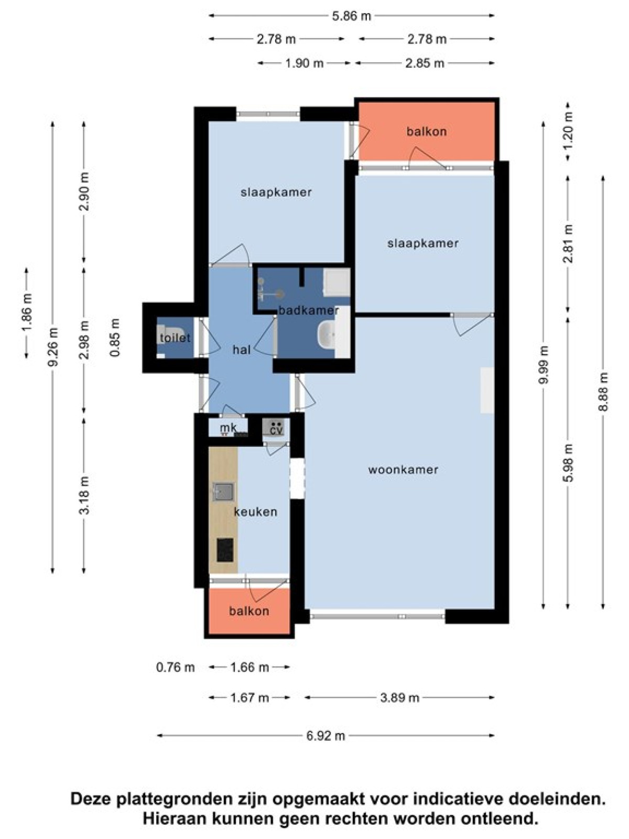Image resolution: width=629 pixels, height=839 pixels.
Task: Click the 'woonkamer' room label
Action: pos(403,470)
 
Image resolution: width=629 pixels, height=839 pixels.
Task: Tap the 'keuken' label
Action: pos(255,511)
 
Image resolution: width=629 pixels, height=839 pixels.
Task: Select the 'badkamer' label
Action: pos(309,310)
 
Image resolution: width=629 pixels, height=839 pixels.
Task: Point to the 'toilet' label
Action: pos(175,338)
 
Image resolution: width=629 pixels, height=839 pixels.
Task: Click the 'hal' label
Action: pos(242,349)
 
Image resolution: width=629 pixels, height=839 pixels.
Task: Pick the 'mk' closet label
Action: pos(229,428)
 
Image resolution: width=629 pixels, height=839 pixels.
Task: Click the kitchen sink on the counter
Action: pos(224,491)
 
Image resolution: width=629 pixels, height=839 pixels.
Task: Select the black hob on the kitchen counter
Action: pos(225,550)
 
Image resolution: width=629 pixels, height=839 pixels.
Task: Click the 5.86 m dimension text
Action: pos(351,16)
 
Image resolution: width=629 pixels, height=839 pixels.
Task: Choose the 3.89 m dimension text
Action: pos(399,697)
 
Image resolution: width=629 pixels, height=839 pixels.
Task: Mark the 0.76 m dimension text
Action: pos(176,668)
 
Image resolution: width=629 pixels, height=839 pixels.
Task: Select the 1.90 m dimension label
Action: pos(305,63)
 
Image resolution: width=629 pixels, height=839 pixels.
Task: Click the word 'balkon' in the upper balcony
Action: pos(427,132)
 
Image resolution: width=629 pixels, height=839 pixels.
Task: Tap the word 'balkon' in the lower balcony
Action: pos(249,611)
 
